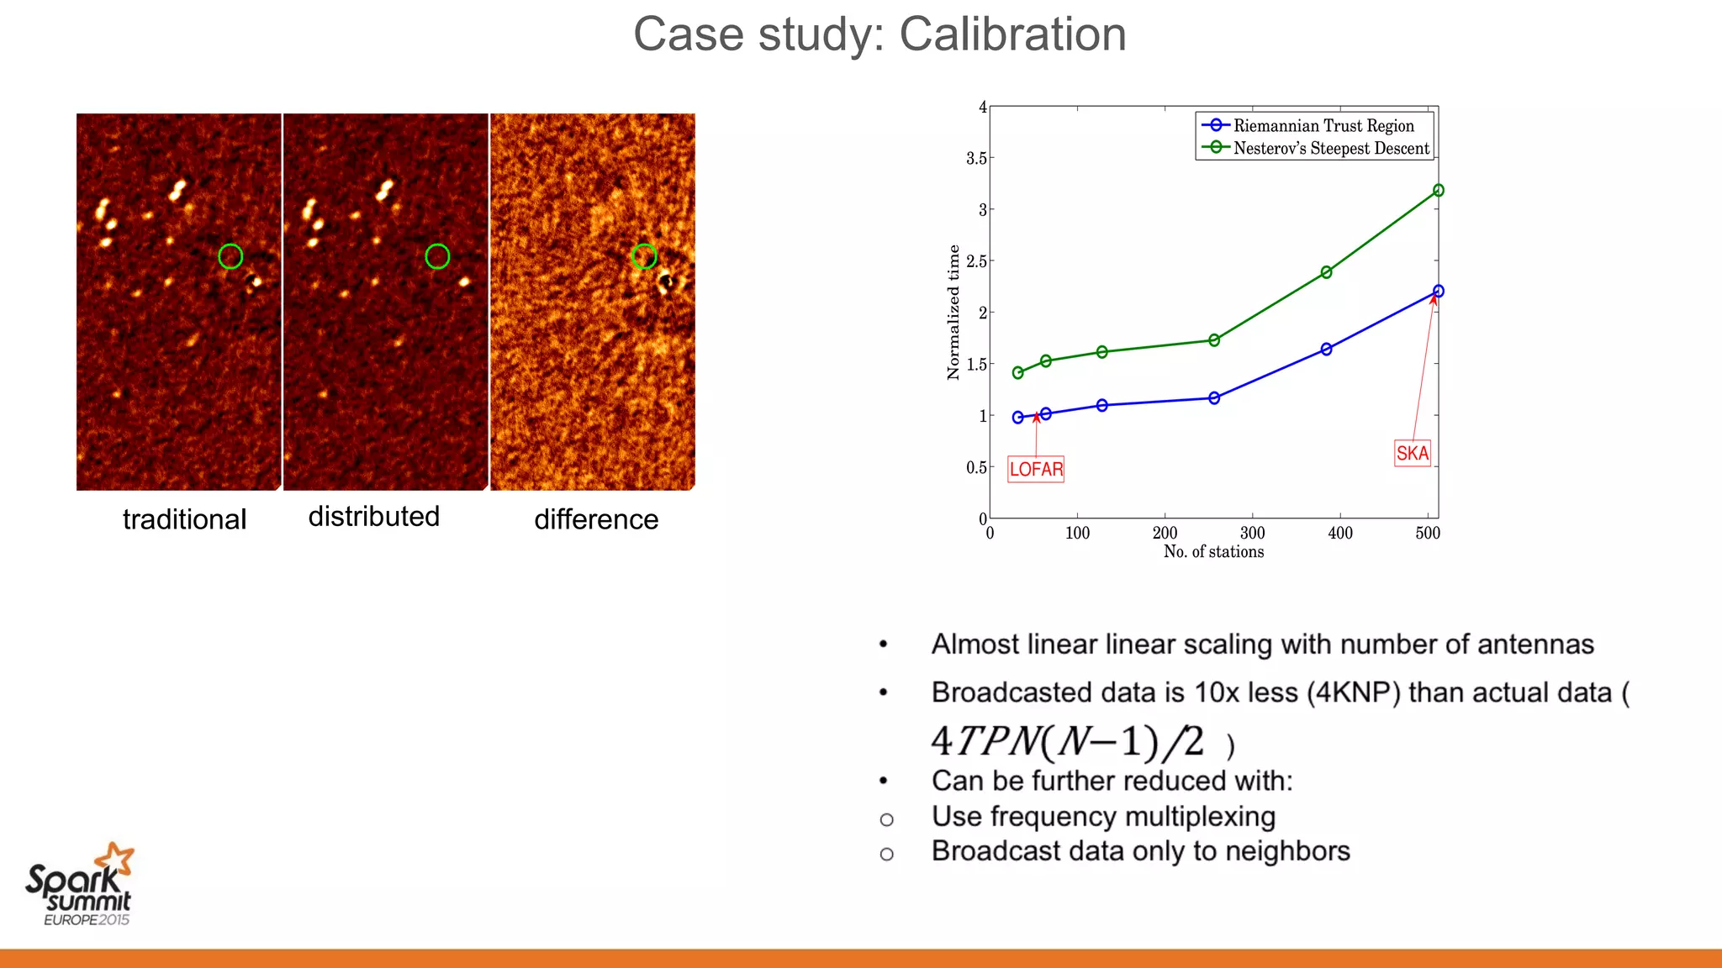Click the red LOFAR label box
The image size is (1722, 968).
click(x=1036, y=469)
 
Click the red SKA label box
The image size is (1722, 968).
click(x=1412, y=453)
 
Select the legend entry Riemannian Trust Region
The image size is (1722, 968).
click(x=1323, y=126)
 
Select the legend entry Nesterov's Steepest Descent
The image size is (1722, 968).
click(x=1330, y=149)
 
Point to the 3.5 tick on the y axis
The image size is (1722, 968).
click(x=976, y=158)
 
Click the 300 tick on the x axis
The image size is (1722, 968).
click(x=1252, y=533)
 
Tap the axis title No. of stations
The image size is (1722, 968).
click(x=1213, y=552)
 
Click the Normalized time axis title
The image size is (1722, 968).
click(x=953, y=313)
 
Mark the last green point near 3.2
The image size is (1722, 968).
click(x=1438, y=191)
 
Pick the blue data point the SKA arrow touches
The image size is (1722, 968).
click(x=1438, y=291)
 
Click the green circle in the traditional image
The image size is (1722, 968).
click(x=230, y=256)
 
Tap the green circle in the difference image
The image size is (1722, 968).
click(x=644, y=255)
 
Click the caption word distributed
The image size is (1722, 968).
click(x=374, y=516)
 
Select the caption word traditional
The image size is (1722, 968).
click(x=184, y=519)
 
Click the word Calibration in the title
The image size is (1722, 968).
click(x=1012, y=34)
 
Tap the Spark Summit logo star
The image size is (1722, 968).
click(x=115, y=860)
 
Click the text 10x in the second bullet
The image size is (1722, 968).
click(x=1216, y=692)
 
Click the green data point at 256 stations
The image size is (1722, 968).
click(x=1214, y=340)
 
